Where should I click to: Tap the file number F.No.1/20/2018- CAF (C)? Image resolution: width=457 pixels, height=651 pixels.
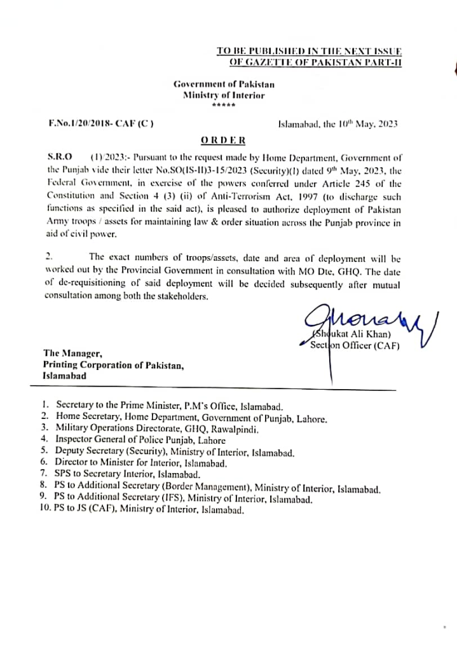(x=100, y=123)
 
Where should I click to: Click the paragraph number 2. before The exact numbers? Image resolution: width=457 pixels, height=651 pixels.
(x=50, y=256)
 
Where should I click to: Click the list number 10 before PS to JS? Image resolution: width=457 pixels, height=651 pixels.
(x=45, y=510)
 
